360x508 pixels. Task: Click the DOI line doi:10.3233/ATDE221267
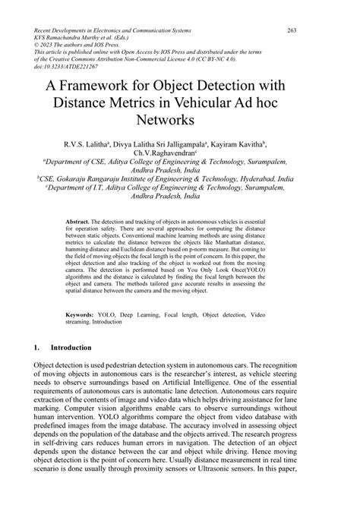click(x=55, y=66)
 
